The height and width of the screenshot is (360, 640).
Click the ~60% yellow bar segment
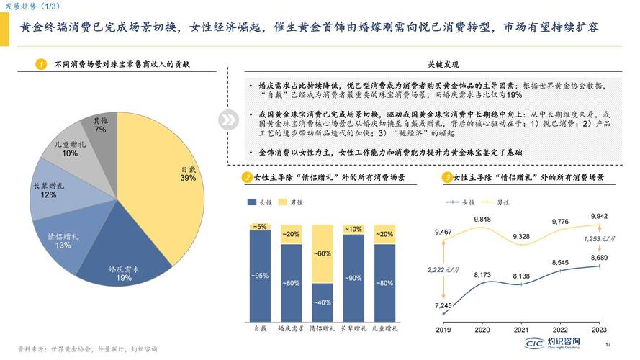tap(322, 253)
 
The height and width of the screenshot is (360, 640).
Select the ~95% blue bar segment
tap(260, 275)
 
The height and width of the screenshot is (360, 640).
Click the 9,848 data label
tap(482, 219)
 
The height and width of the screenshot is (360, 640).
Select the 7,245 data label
tap(443, 305)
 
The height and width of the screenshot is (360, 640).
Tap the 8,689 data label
tap(599, 258)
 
